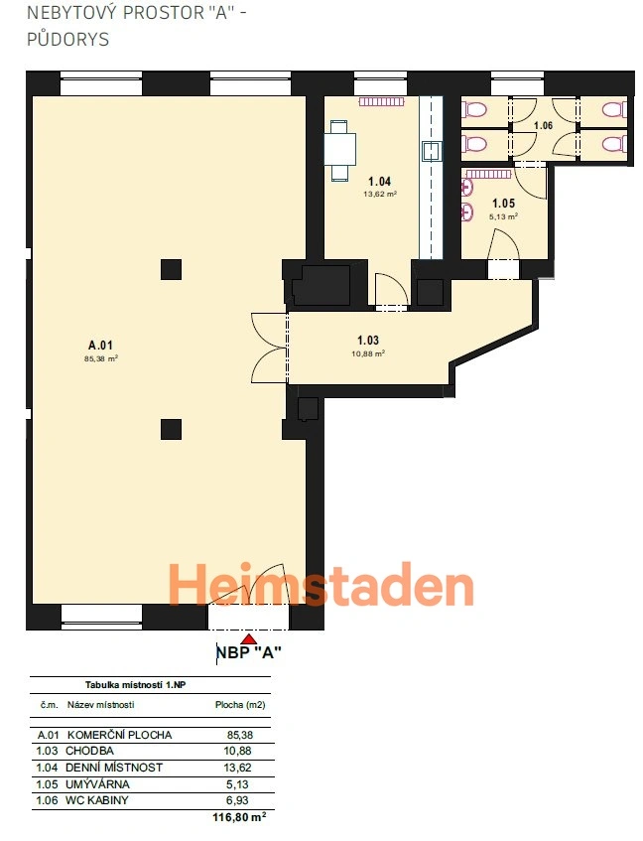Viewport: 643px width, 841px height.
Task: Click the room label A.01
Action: [x=101, y=346]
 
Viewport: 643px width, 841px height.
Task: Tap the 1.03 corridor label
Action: [x=368, y=340]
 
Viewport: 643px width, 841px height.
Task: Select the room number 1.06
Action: [x=543, y=125]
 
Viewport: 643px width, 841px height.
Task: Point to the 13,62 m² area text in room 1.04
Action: [x=380, y=195]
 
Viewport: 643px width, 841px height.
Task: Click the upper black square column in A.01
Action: [x=171, y=269]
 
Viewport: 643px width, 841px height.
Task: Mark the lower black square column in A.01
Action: [x=171, y=430]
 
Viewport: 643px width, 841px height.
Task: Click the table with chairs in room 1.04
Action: [x=339, y=150]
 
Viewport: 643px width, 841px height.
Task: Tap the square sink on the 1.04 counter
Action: [x=432, y=151]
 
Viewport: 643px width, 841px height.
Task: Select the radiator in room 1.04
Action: [x=382, y=101]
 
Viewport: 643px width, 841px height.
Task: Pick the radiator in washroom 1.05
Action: [x=488, y=174]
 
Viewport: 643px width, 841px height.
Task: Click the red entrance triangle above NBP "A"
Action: [x=248, y=638]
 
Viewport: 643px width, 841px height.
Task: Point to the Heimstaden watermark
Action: [x=321, y=584]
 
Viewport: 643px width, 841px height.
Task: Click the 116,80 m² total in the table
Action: [x=239, y=817]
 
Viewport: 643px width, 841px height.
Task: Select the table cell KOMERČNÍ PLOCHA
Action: [x=119, y=735]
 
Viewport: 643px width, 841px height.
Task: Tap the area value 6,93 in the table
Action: [x=237, y=800]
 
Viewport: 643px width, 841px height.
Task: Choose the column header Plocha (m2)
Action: [x=240, y=705]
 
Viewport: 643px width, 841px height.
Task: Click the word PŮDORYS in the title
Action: [x=68, y=39]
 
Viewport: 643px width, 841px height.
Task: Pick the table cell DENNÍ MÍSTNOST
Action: [x=113, y=768]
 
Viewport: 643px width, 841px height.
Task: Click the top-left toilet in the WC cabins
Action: [x=474, y=110]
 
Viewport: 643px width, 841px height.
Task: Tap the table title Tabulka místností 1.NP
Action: [x=136, y=685]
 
